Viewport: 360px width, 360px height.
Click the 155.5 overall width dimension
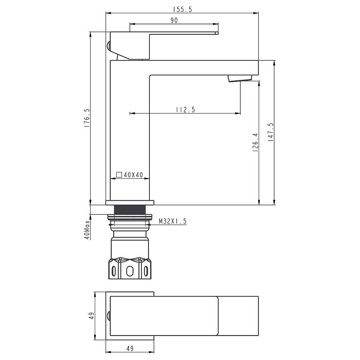182,10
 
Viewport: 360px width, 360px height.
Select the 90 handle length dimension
174,20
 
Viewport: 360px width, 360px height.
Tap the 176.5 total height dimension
87,118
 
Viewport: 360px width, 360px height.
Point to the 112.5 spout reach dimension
185,110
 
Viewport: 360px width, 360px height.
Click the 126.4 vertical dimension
255,142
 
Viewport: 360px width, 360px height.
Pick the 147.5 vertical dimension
271,132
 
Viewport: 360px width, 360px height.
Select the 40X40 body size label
133,175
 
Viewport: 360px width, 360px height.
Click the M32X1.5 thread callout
173,221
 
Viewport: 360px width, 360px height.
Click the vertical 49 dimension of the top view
91,316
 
